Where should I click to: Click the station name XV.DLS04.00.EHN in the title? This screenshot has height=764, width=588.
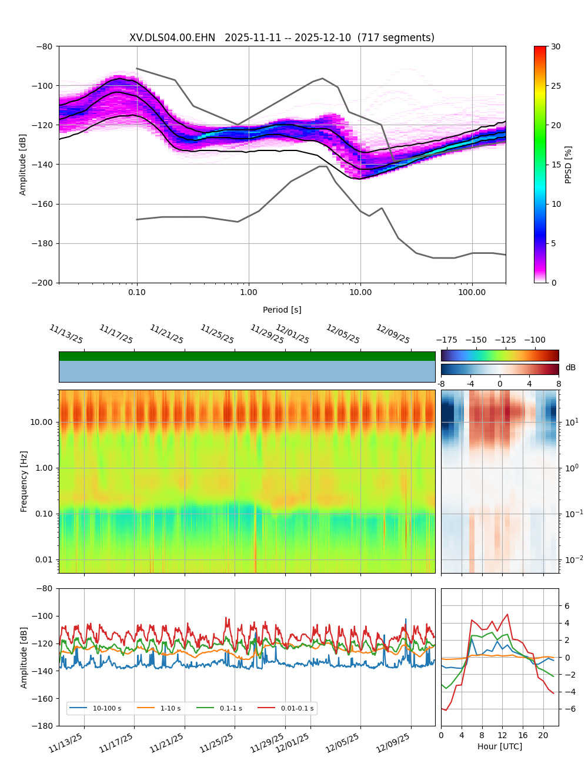click(x=172, y=38)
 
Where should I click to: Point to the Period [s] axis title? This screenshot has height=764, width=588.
click(x=282, y=310)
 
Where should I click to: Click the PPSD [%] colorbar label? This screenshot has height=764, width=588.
click(x=569, y=165)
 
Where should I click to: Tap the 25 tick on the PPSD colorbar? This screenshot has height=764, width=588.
click(x=556, y=86)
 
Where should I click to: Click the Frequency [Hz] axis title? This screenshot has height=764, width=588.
click(x=24, y=481)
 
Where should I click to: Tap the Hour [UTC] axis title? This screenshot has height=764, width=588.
click(x=500, y=746)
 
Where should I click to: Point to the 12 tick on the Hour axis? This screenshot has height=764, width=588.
click(x=502, y=735)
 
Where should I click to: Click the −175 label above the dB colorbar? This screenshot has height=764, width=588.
click(x=447, y=340)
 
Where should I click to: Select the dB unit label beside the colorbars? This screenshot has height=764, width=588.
click(x=570, y=368)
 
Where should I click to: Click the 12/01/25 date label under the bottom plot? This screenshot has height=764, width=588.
click(x=293, y=741)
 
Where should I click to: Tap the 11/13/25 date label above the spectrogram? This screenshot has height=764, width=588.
click(x=66, y=334)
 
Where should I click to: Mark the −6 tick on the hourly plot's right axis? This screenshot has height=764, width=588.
click(x=567, y=709)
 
